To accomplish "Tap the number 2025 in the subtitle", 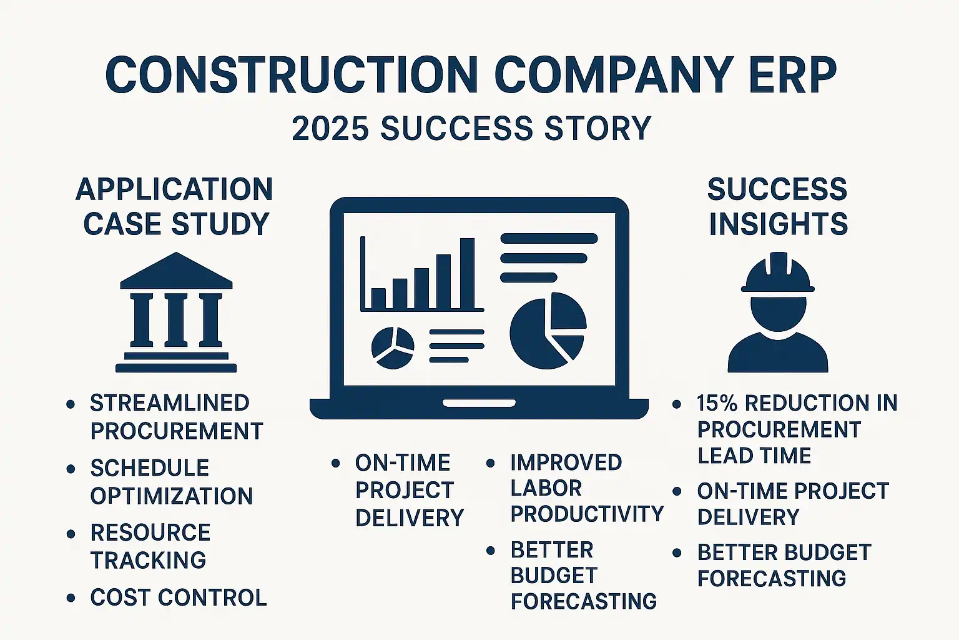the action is (x=330, y=127).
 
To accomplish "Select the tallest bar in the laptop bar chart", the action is (x=467, y=273).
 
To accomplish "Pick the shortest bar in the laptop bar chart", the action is (x=378, y=298).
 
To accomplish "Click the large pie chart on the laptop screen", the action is (x=548, y=331).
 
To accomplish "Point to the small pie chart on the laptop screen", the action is (x=393, y=347).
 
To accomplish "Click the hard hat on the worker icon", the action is (x=778, y=272).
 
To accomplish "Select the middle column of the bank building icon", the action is (x=176, y=320).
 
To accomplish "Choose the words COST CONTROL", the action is (x=179, y=597).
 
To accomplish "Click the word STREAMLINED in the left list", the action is (x=170, y=403).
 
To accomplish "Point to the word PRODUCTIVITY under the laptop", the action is (x=587, y=514).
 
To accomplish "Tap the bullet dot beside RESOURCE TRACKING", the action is (x=71, y=534).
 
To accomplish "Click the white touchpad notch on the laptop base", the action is (x=479, y=403).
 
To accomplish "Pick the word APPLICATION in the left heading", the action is (x=174, y=189).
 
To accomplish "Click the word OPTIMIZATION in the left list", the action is (x=172, y=496).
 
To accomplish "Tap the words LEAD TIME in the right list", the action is (x=754, y=455).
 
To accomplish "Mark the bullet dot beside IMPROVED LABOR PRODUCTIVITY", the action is (x=491, y=463).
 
